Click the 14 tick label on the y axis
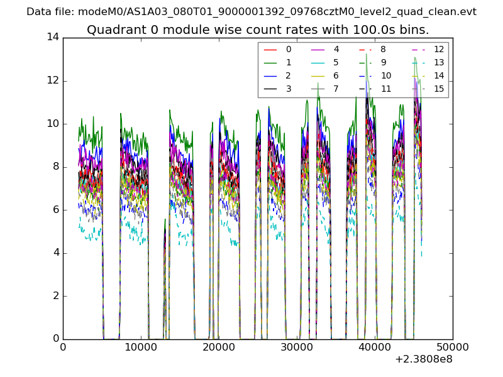[x=53, y=37]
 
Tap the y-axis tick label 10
[x=53, y=123]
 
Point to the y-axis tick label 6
[x=56, y=209]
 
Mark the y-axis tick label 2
[x=56, y=295]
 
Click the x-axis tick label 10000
[x=141, y=347]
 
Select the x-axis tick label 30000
[x=297, y=347]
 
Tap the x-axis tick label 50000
[x=453, y=347]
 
